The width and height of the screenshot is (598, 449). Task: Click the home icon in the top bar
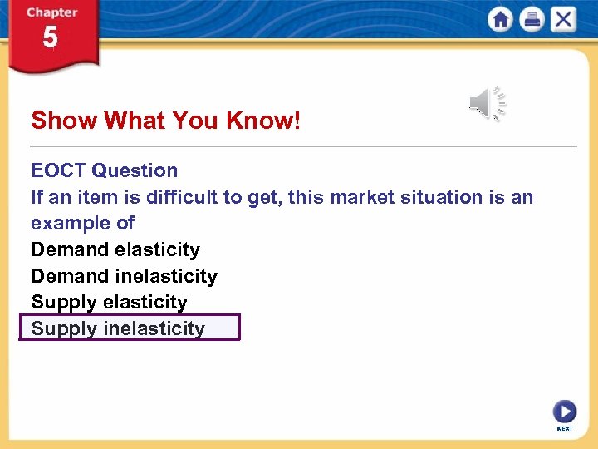point(501,20)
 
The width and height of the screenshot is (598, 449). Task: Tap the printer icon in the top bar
point(532,20)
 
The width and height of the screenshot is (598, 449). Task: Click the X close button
point(563,20)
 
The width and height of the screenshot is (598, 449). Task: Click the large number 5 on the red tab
point(51,38)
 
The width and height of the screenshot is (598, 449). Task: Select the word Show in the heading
point(64,121)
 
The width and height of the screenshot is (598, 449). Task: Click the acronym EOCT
point(58,170)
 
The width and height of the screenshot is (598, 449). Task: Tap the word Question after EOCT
point(135,170)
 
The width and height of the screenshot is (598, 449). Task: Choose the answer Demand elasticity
point(115,249)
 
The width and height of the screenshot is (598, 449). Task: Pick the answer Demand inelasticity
point(124,276)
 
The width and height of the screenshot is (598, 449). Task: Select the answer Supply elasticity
point(109,302)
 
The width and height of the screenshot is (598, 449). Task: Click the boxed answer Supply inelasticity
point(118,328)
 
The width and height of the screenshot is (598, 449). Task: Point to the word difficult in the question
point(180,197)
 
